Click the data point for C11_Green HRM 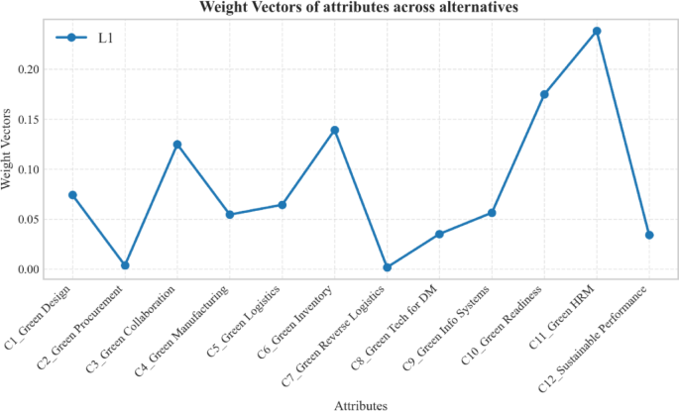(x=597, y=31)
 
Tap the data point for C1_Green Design (x=72, y=195)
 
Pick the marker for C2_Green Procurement (x=125, y=265)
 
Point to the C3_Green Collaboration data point (x=177, y=145)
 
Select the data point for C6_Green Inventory (x=335, y=130)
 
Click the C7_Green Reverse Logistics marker (x=387, y=267)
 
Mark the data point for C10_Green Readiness (x=544, y=94)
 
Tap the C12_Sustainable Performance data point (x=649, y=235)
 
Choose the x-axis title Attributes (x=360, y=404)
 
